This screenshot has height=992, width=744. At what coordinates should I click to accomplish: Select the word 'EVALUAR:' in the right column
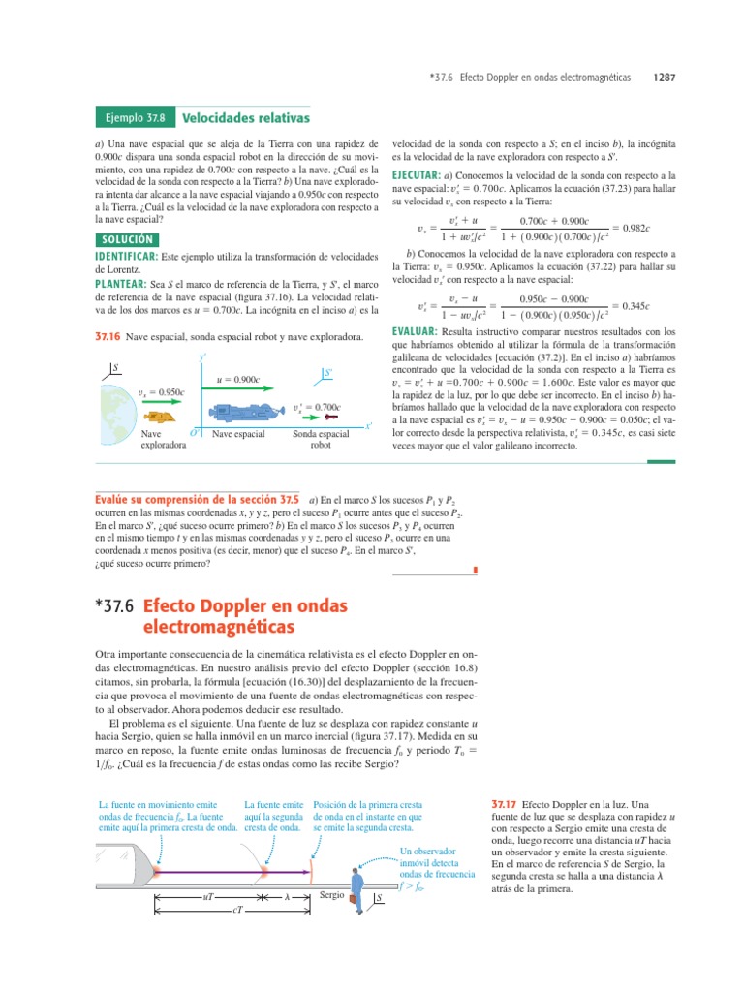click(415, 331)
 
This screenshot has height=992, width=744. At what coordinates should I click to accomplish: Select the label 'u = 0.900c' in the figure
click(238, 379)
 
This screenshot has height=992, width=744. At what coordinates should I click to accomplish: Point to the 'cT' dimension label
click(237, 914)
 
